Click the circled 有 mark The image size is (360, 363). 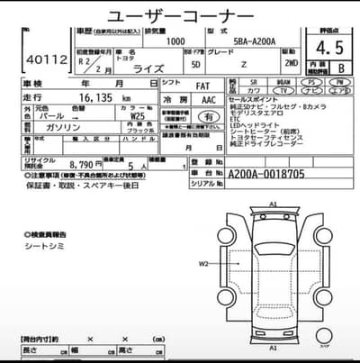pyautogui.click(x=209, y=116)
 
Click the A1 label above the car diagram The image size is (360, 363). pyautogui.click(x=273, y=205)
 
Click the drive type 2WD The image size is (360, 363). pyautogui.click(x=316, y=65)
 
